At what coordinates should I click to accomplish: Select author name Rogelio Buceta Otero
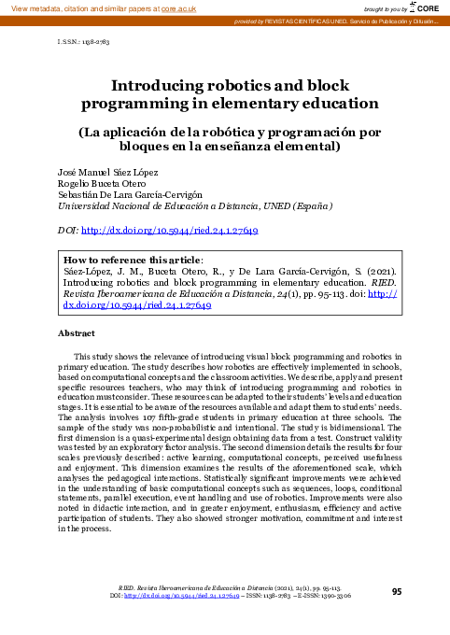click(x=99, y=186)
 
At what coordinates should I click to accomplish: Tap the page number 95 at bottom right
click(x=397, y=591)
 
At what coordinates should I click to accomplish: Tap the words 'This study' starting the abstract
click(x=91, y=357)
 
